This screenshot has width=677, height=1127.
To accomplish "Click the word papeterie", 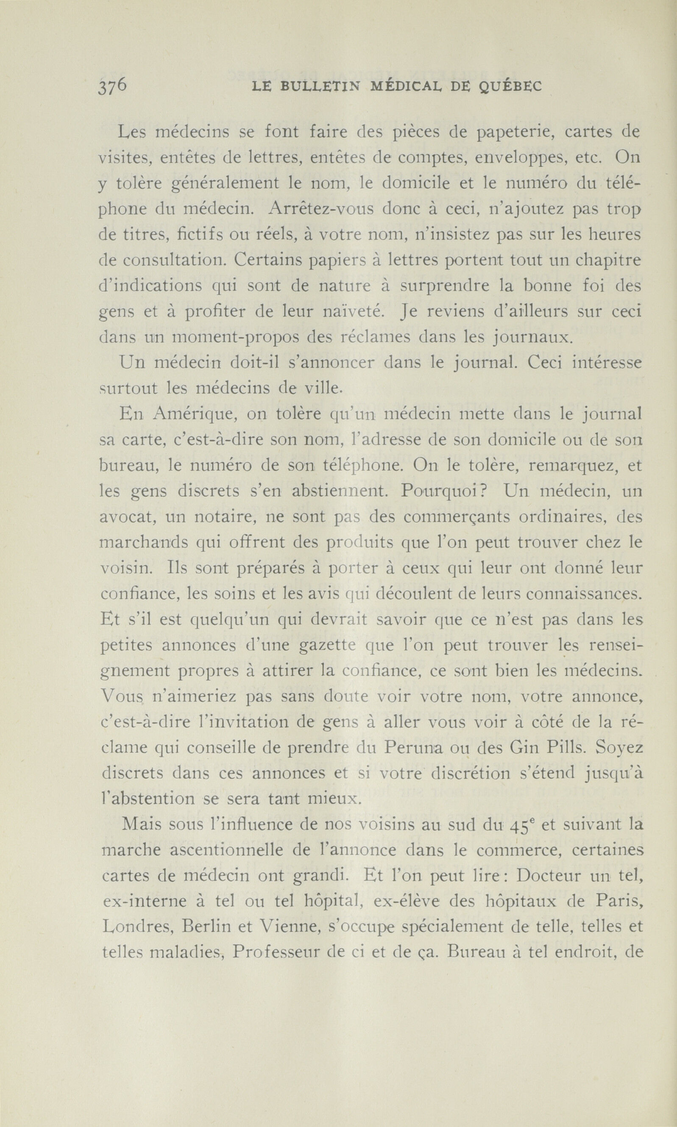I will point(507,132).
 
